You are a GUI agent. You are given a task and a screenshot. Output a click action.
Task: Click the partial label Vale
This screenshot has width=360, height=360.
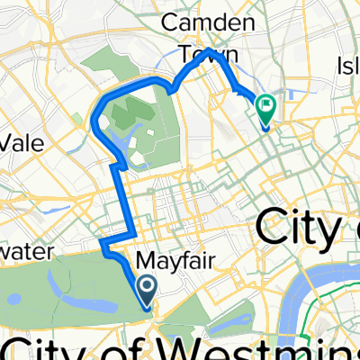tap(22, 143)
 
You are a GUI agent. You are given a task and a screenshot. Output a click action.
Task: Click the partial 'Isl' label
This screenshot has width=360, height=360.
tap(347, 64)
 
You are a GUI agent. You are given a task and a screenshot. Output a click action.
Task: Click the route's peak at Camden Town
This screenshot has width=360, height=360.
tap(208, 50)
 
